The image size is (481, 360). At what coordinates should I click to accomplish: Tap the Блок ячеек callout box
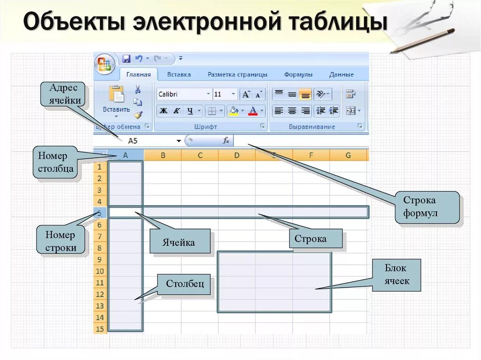pos(396,275)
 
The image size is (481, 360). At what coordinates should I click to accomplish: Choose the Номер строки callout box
pos(61,241)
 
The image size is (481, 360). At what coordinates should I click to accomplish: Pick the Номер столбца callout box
pos(56,162)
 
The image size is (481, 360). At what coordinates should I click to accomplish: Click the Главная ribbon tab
pos(138,74)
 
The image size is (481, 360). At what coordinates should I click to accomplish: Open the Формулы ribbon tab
pos(298,74)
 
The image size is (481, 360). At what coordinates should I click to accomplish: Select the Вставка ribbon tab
pos(179,74)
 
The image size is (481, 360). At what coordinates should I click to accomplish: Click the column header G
pos(348,155)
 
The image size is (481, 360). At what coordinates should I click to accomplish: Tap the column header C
pos(200,155)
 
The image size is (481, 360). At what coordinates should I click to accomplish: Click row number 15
pos(100,329)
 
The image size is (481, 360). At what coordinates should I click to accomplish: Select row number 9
pos(100,260)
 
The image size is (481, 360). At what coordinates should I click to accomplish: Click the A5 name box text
pos(132,141)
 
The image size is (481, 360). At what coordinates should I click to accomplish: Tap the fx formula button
pos(226,140)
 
